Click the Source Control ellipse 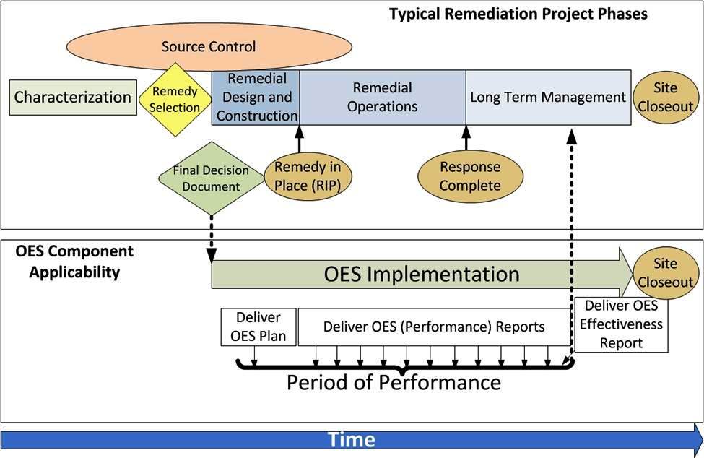[x=208, y=47]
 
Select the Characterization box [x=74, y=98]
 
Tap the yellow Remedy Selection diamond [x=175, y=99]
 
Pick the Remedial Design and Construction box [x=256, y=97]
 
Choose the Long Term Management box [x=547, y=97]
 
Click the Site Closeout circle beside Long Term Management [x=665, y=98]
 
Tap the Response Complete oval [x=470, y=176]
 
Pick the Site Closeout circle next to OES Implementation [x=665, y=273]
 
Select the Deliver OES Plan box [x=258, y=327]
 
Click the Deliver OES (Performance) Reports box [x=434, y=327]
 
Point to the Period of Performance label [x=394, y=381]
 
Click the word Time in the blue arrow [x=352, y=439]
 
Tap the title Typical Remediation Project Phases [x=518, y=14]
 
